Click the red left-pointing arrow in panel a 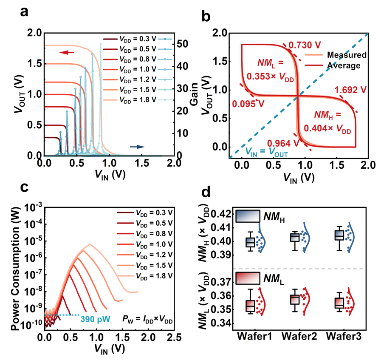point(67,52)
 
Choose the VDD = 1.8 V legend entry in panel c point(155,275)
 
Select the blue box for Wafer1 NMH point(251,242)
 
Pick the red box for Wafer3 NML point(339,303)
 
